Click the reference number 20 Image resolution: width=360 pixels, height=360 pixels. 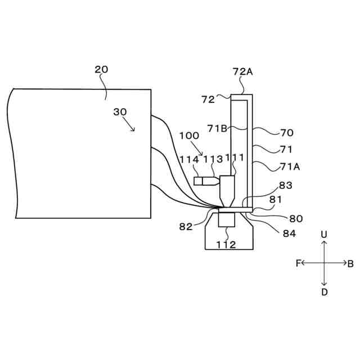coord(101,70)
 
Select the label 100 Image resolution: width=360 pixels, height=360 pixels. coord(189,136)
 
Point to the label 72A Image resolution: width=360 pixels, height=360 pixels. coord(242,71)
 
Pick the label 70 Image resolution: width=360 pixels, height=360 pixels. coord(286,133)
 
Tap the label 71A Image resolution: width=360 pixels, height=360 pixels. coord(290,166)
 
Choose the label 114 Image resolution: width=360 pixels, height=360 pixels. coord(190,159)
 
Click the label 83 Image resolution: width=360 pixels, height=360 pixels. coord(285,185)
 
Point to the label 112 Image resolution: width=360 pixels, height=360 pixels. coord(227,244)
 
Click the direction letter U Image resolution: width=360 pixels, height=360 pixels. coord(324,233)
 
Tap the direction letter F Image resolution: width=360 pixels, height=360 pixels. coord(298,263)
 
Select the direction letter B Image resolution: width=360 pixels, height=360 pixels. coord(350,263)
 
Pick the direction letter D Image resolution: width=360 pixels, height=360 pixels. coord(324,292)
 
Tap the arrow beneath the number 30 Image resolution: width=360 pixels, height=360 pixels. coord(130,125)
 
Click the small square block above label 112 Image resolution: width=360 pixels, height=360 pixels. coord(227,219)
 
